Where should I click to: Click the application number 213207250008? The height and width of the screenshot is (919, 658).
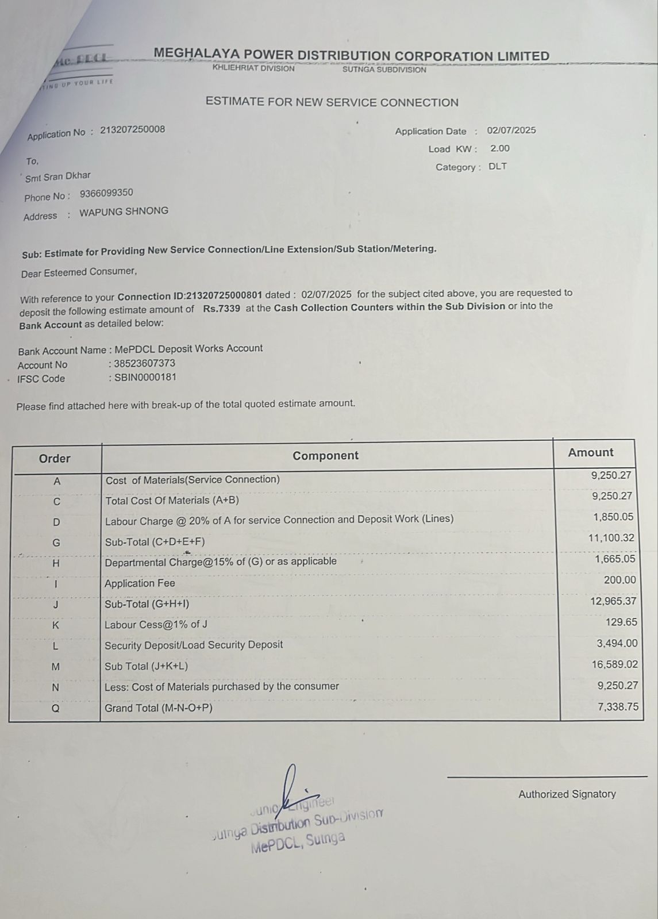132,129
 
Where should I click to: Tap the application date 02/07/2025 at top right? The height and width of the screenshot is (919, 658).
511,130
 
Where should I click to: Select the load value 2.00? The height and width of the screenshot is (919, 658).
499,148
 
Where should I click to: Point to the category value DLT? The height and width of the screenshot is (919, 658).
498,167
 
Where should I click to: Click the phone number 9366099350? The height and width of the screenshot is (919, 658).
106,193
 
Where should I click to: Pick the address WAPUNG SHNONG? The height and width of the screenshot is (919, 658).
124,211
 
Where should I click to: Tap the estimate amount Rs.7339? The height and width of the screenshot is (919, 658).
221,309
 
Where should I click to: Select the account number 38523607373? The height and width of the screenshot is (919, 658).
144,363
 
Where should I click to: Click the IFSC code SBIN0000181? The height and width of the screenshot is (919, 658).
145,378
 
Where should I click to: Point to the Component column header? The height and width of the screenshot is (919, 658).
325,456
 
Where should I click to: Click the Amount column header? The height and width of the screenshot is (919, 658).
591,453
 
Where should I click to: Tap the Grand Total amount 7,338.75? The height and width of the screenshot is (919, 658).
618,706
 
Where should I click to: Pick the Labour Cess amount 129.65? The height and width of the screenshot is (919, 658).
621,622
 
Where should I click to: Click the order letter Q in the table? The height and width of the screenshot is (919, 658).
56,709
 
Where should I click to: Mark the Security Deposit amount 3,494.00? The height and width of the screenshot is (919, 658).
617,643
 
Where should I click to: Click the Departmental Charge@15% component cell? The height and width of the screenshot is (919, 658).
221,562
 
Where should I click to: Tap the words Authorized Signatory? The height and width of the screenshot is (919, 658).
567,794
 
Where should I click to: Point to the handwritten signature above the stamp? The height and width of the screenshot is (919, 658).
293,790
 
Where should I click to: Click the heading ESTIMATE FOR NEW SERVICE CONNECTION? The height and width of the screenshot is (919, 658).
332,102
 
